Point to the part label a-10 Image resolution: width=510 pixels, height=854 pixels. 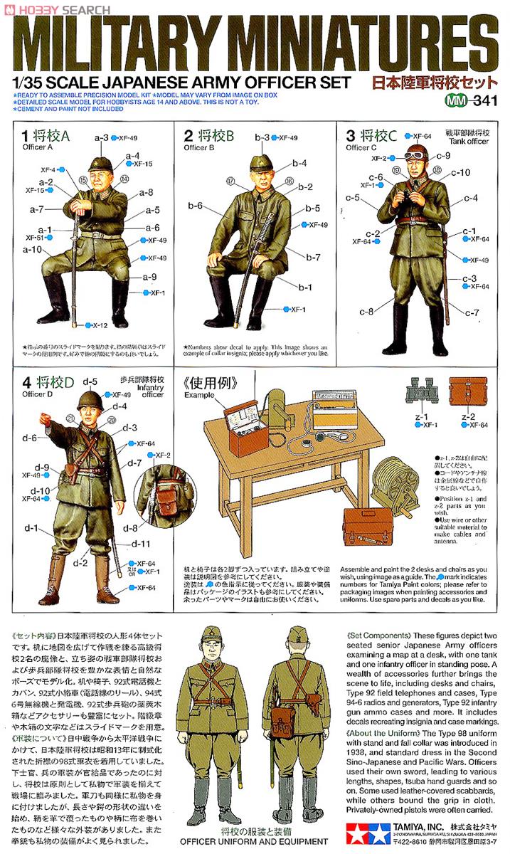(x=32, y=249)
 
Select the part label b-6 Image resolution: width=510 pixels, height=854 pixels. (x=196, y=206)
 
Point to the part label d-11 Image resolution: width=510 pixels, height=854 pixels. (x=142, y=544)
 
